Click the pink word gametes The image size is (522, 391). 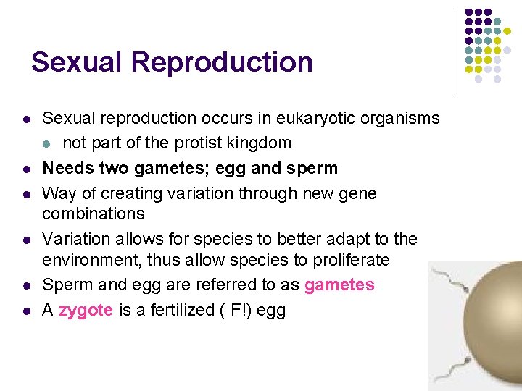pos(339,285)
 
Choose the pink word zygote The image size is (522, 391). pos(86,311)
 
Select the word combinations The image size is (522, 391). pos(93,214)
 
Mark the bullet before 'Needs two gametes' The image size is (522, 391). pos(25,169)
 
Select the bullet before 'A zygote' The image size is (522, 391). pos(25,311)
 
